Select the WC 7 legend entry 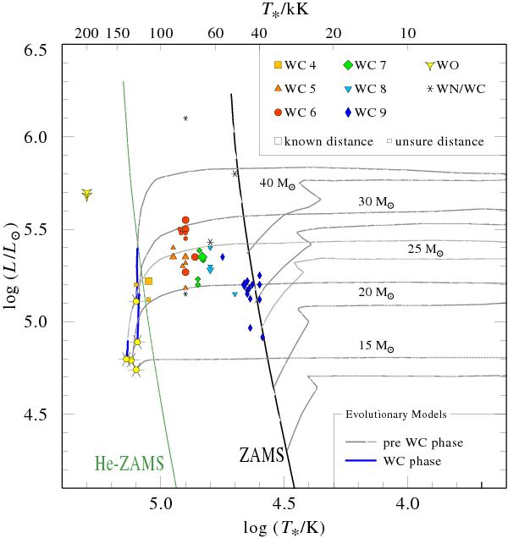point(370,65)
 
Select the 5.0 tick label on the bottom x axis point(161,503)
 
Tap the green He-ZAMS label point(124,464)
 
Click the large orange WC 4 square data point point(148,281)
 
